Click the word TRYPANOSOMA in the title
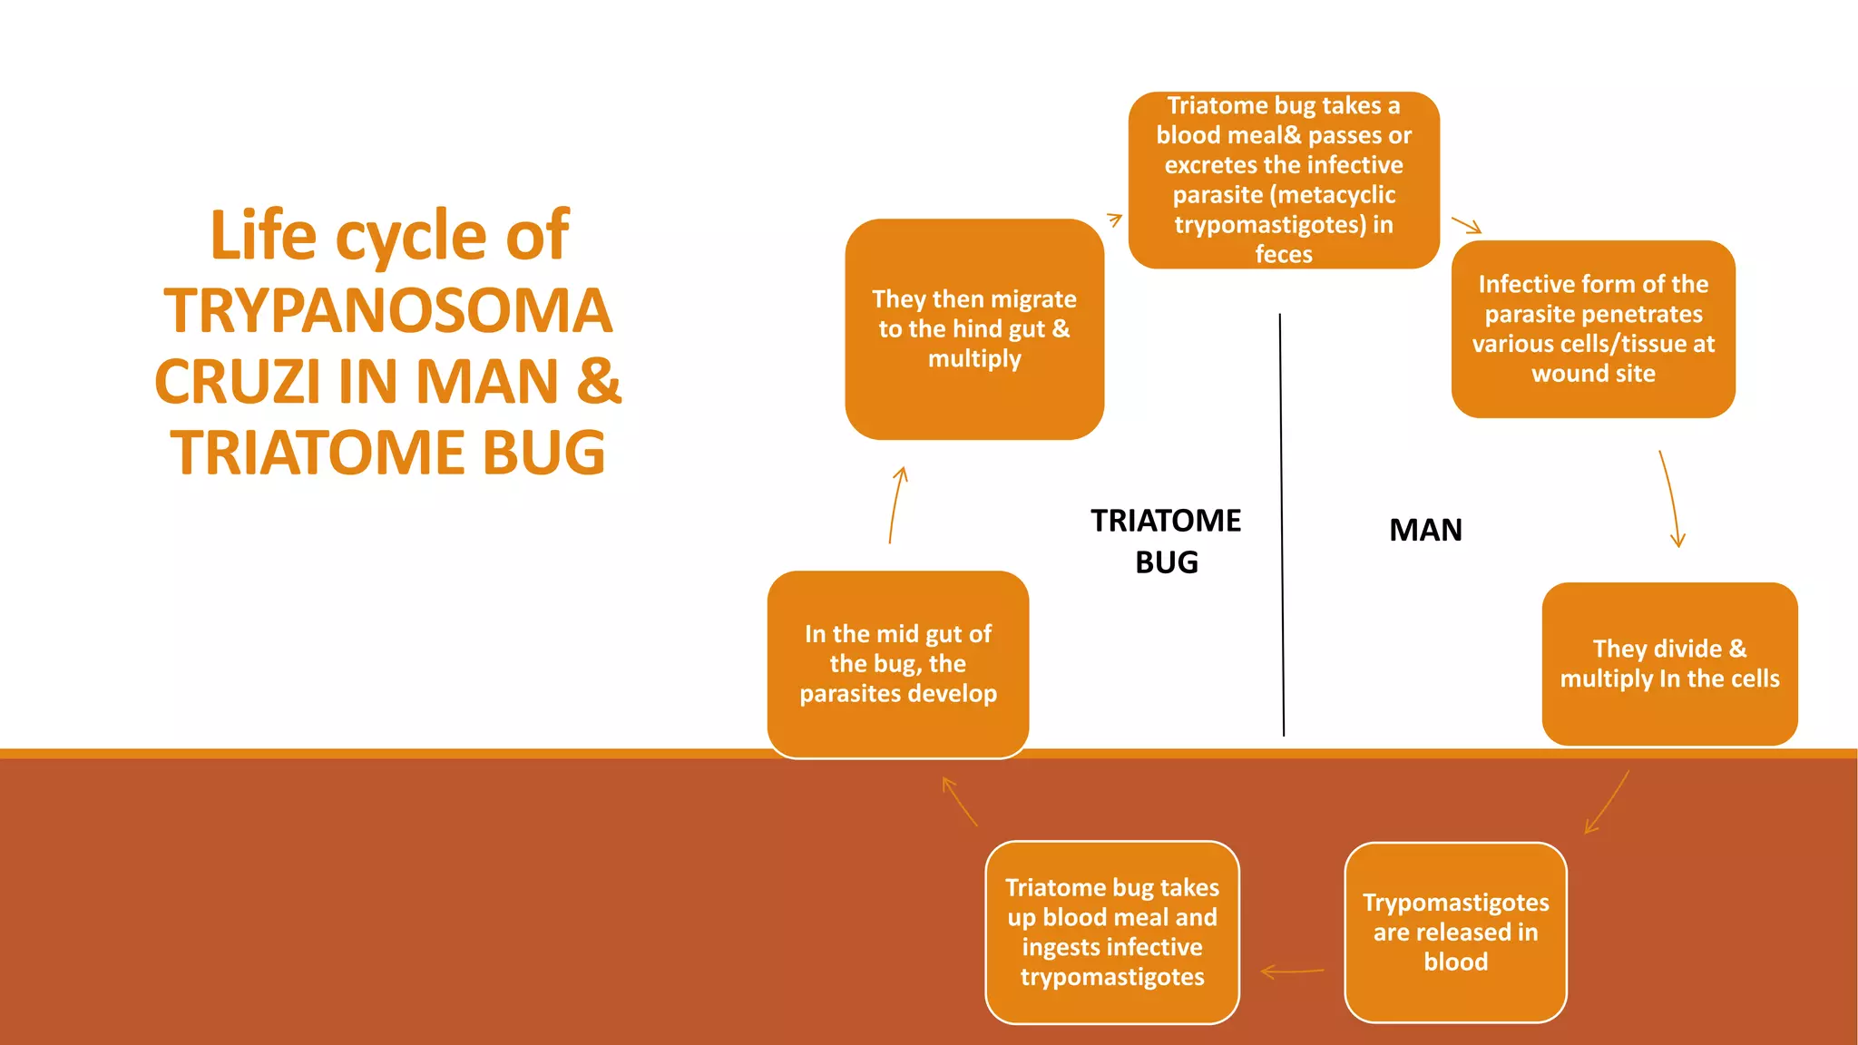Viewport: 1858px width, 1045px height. click(x=387, y=311)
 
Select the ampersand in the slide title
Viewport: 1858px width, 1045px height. click(x=599, y=382)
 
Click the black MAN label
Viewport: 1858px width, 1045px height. click(x=1425, y=530)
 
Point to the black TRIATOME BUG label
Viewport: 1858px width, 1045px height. click(x=1166, y=542)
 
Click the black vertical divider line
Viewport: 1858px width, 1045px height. click(x=1281, y=526)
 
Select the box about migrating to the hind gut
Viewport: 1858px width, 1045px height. click(x=974, y=329)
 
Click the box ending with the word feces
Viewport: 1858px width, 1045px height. click(x=1284, y=180)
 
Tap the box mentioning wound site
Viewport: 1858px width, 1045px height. click(x=1593, y=329)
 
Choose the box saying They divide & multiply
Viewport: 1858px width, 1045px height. click(x=1669, y=664)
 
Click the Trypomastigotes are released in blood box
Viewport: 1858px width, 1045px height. click(x=1455, y=933)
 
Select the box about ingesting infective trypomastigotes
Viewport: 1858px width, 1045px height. click(x=1112, y=933)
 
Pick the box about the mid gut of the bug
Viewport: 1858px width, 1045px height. click(x=898, y=664)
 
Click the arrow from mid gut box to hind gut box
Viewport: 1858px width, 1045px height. click(x=896, y=504)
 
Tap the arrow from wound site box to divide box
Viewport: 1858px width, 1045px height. click(x=1670, y=499)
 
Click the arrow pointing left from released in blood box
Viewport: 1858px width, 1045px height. click(x=1292, y=972)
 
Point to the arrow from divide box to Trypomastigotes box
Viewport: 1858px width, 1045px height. click(x=1607, y=803)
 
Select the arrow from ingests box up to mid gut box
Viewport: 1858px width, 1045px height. click(x=959, y=801)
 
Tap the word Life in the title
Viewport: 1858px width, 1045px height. click(x=264, y=236)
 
